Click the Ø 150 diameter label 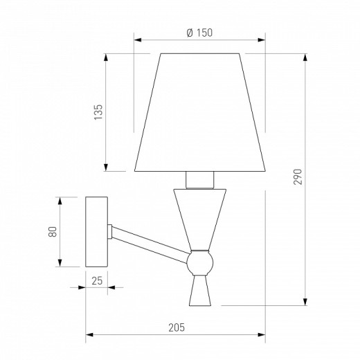pos(199,33)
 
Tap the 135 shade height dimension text pos(98,112)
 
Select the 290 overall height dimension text pos(298,177)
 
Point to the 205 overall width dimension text pos(177,327)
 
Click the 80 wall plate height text pos(53,232)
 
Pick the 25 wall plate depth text pos(97,281)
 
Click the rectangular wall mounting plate pos(96,232)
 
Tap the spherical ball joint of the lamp pos(200,263)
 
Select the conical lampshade pos(200,112)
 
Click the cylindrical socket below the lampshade pos(200,180)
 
